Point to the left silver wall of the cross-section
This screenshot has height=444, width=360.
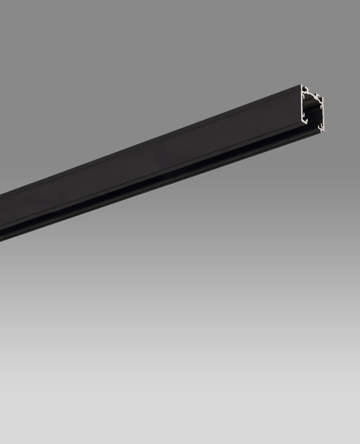(x=302, y=104)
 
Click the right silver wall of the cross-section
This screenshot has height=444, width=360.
(x=323, y=113)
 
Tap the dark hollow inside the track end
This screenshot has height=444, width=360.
(x=313, y=111)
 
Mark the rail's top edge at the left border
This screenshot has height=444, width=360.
(x=1, y=193)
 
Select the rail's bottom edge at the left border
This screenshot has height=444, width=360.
(x=1, y=240)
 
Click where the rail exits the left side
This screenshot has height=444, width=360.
(x=1, y=217)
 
